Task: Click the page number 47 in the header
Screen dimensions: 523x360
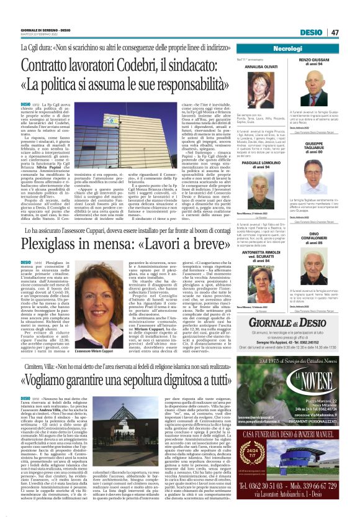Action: pos(335,32)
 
